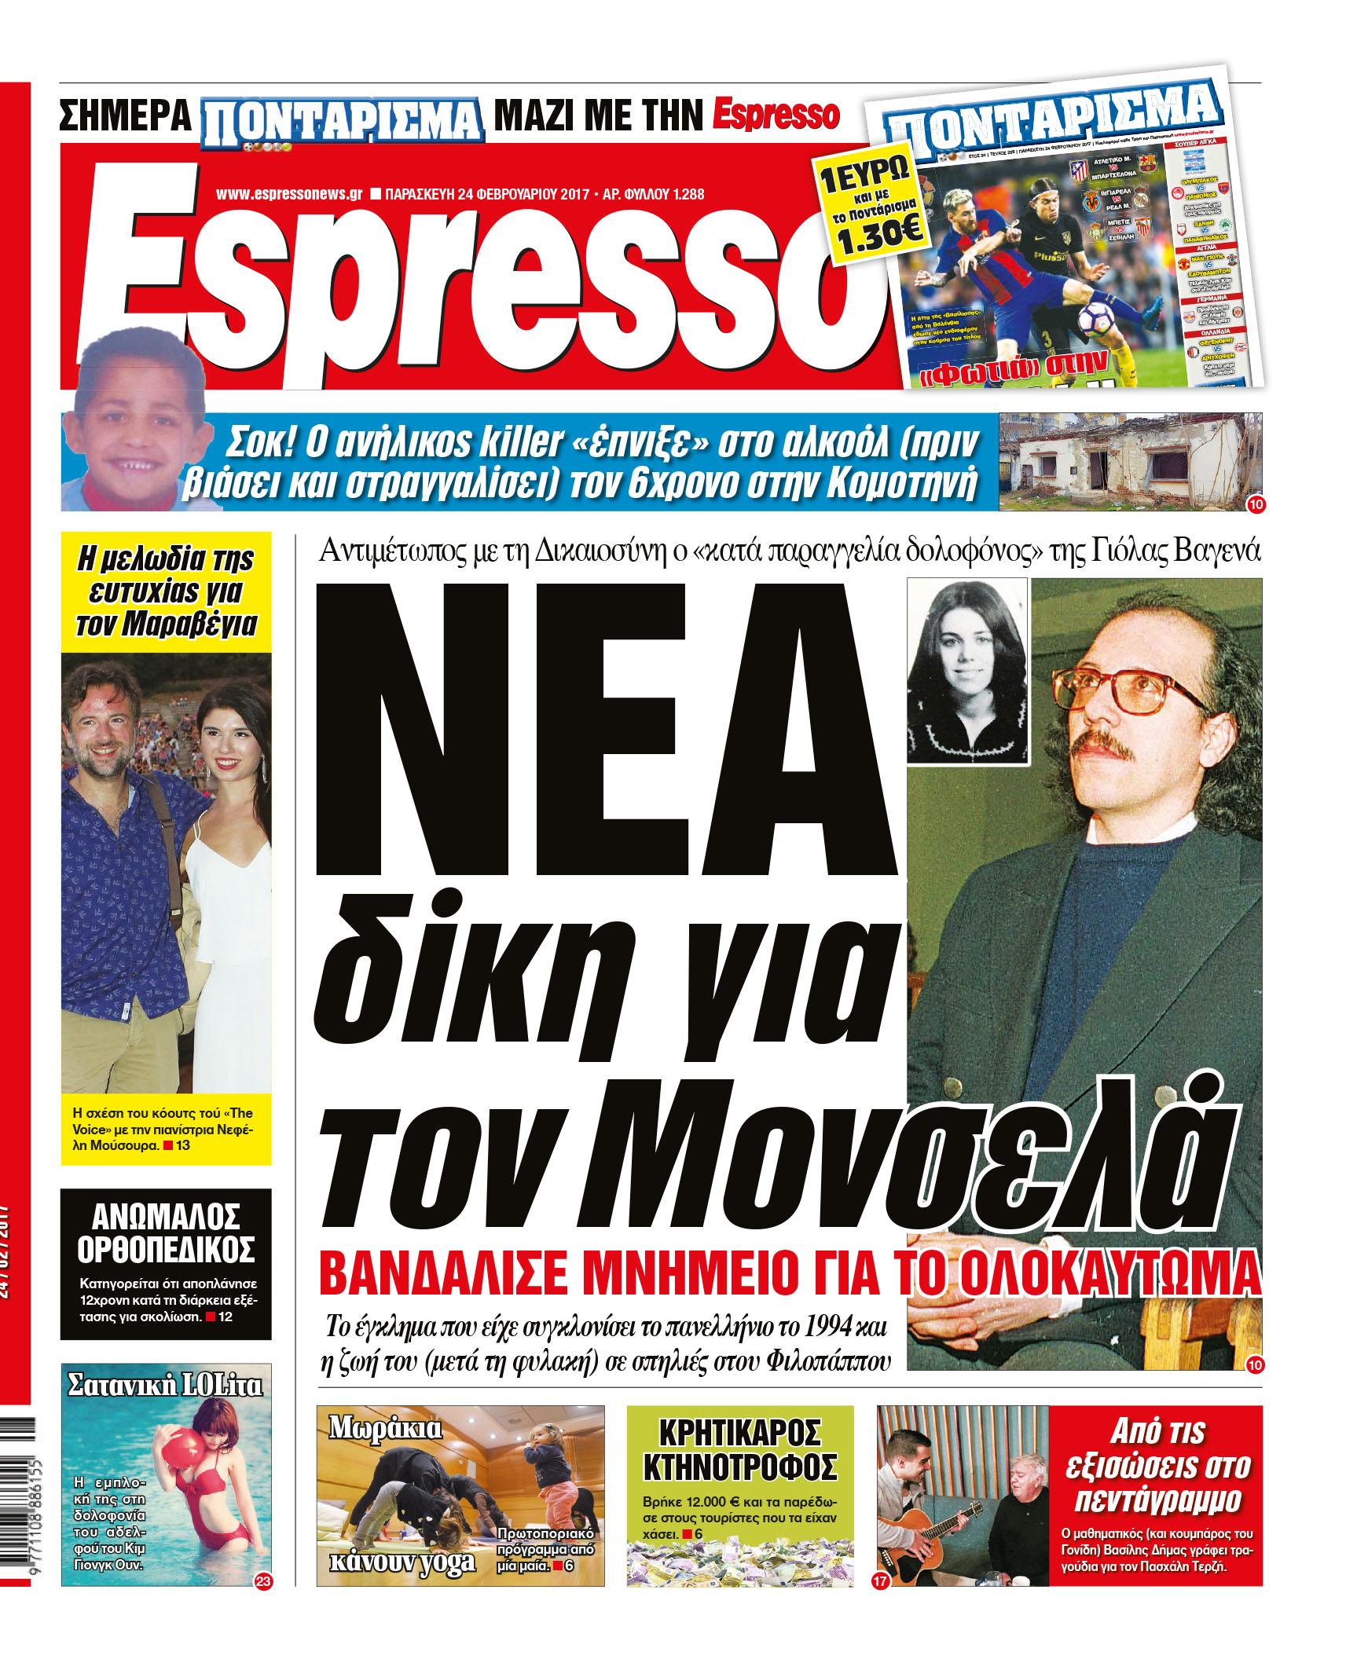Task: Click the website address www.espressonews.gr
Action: (288, 194)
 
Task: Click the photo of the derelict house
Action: (1128, 461)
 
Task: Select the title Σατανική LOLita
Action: (165, 1384)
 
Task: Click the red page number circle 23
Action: (263, 1580)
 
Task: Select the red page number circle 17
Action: (880, 1580)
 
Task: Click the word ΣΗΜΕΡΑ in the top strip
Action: (126, 116)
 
